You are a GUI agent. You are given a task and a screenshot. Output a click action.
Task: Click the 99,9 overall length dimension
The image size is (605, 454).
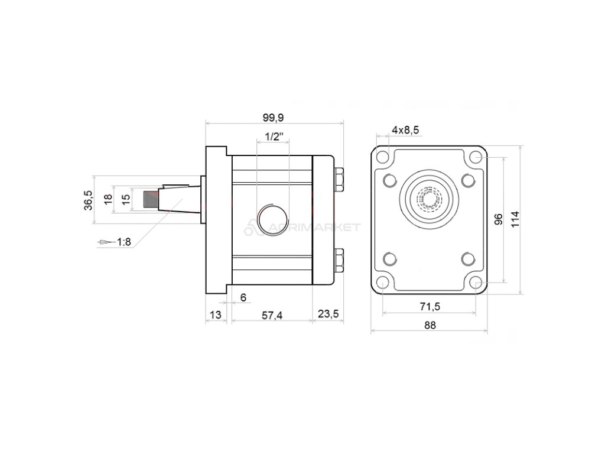click(x=272, y=117)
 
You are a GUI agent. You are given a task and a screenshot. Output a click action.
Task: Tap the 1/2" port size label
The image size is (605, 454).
click(x=274, y=137)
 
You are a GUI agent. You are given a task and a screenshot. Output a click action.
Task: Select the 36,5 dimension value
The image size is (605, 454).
click(x=88, y=200)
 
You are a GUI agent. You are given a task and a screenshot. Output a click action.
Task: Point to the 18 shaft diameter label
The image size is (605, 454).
click(x=108, y=200)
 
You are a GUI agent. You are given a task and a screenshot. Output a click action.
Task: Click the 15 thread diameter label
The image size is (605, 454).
click(x=125, y=200)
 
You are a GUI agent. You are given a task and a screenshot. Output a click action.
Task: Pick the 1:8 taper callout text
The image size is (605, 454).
click(x=124, y=242)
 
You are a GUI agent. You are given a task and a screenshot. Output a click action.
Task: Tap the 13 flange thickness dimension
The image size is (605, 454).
click(x=216, y=314)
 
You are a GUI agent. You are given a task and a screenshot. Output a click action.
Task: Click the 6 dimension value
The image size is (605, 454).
click(x=243, y=297)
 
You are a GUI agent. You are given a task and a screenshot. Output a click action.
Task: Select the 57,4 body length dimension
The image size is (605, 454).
click(x=272, y=314)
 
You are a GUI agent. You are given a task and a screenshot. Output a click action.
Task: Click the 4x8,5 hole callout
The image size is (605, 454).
click(x=405, y=129)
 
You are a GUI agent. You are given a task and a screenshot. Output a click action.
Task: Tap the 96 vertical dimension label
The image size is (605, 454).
click(x=498, y=220)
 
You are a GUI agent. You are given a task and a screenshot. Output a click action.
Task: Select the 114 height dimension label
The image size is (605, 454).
click(x=515, y=220)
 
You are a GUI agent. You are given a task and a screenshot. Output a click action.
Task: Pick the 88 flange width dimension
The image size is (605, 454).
click(x=429, y=325)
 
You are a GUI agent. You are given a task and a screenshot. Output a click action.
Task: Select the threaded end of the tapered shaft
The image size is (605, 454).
click(x=152, y=200)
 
